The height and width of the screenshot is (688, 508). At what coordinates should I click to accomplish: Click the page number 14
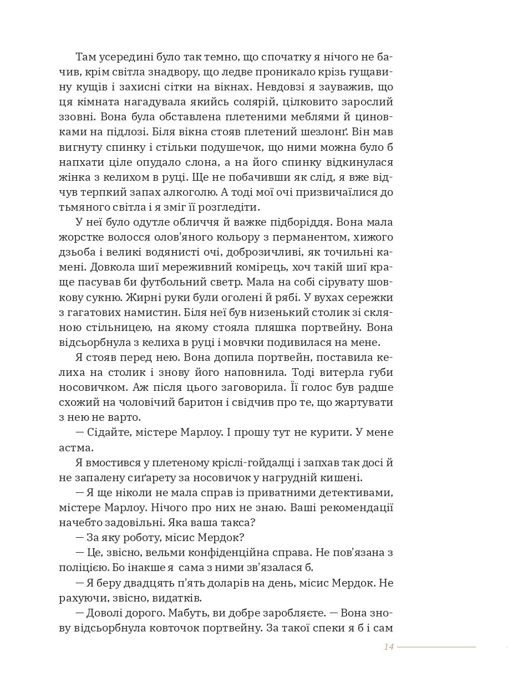388,646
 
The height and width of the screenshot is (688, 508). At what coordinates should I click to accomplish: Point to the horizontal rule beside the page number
436,646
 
